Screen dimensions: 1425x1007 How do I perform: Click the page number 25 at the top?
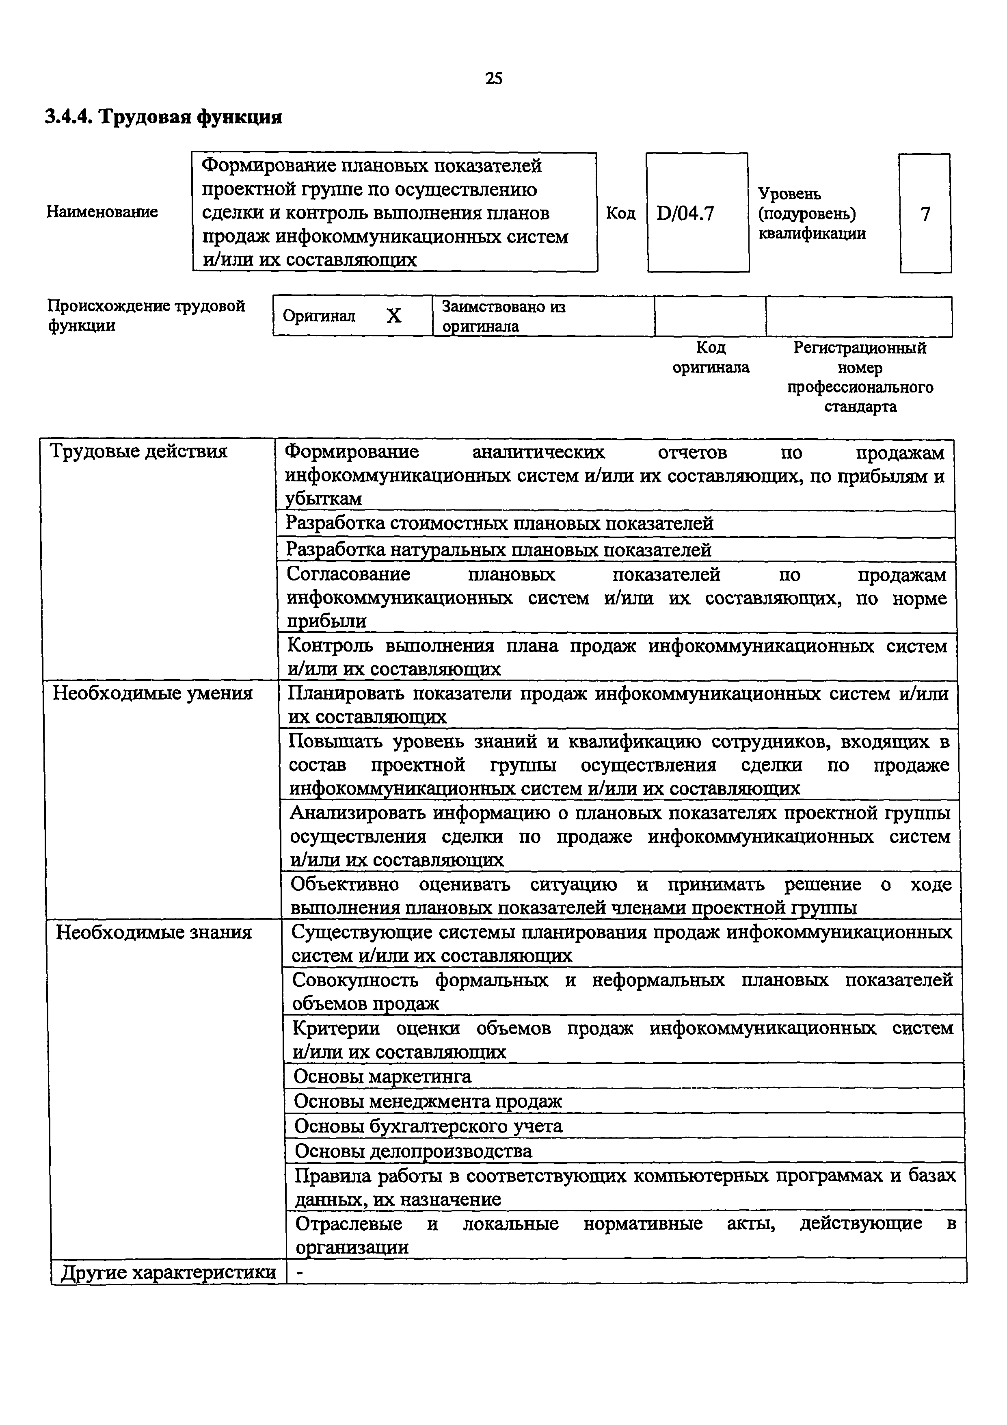493,78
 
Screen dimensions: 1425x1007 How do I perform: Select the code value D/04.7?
685,214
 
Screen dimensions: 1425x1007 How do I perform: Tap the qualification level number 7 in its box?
925,214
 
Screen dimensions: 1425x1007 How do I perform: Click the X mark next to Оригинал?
393,316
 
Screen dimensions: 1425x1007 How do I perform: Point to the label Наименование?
102,212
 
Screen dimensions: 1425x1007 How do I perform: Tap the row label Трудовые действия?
138,451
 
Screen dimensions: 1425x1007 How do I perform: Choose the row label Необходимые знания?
154,932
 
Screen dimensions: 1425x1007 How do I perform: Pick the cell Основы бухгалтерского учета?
428,1126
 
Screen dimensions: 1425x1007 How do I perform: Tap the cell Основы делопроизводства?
413,1151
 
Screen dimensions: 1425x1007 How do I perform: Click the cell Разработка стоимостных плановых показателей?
499,524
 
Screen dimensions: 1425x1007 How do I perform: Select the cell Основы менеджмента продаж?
428,1102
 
